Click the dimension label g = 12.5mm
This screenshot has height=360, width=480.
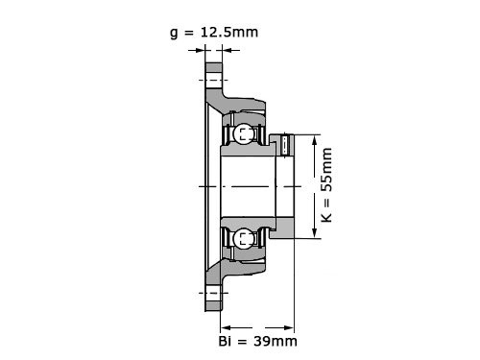214,33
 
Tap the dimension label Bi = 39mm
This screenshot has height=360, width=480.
257,342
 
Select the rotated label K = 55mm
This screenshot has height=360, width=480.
326,185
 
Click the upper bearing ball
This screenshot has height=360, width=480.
244,133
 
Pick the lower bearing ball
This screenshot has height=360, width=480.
244,238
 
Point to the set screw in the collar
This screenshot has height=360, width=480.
287,146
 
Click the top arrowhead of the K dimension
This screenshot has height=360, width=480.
315,141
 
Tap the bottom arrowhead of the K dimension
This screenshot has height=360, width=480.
315,231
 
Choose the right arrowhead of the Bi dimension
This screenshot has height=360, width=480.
288,327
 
